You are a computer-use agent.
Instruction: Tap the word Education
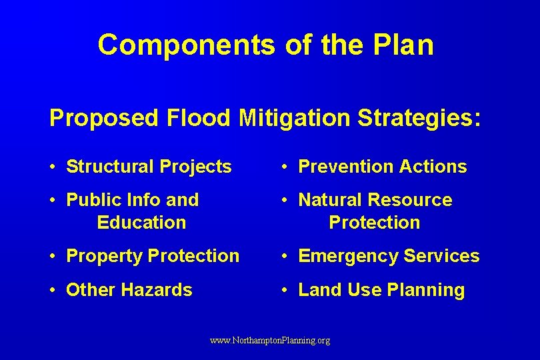tap(141, 223)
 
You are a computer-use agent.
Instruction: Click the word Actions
tap(434, 167)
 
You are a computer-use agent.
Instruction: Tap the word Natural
tap(330, 200)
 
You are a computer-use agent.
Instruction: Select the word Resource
tap(410, 200)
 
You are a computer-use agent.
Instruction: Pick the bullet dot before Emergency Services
tap(285, 257)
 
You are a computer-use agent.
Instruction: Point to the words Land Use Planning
tap(381, 290)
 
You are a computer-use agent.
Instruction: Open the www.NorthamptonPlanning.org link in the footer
tap(270, 341)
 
